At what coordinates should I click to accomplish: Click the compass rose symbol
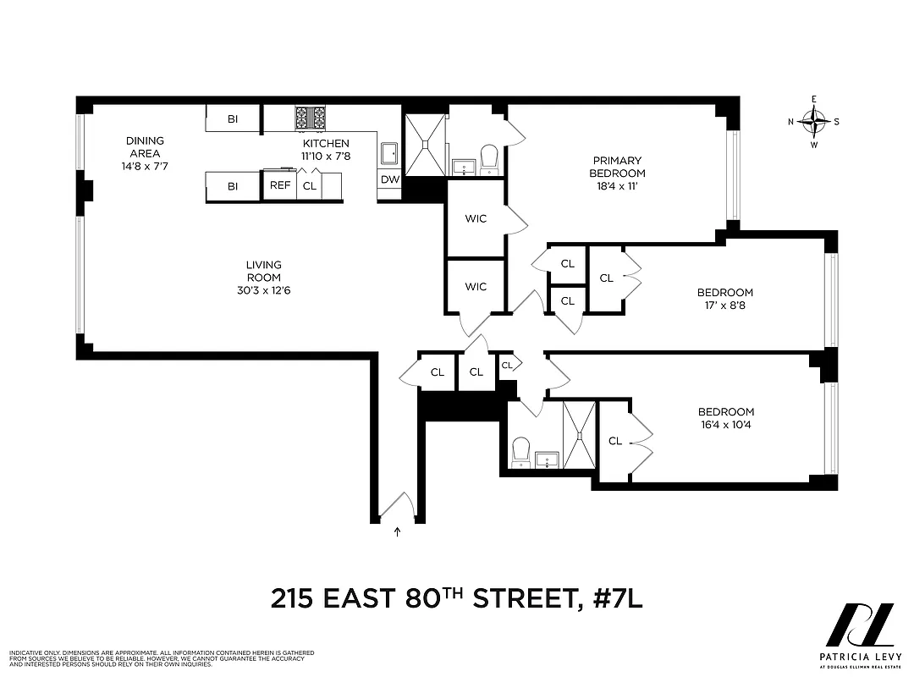tap(814, 122)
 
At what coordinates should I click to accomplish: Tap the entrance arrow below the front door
tap(398, 532)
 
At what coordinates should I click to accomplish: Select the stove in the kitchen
tap(310, 118)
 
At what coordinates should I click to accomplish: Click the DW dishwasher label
tap(389, 179)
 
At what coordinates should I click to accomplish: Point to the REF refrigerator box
tap(278, 185)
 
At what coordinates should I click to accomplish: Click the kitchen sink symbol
tap(390, 153)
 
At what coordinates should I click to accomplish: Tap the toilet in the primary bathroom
tap(489, 159)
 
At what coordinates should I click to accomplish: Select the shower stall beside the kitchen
tap(424, 144)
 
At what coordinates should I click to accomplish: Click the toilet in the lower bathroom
tap(520, 450)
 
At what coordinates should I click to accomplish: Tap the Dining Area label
tap(146, 147)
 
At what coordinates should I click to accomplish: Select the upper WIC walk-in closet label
tap(476, 219)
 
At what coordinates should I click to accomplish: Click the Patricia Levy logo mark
tap(859, 625)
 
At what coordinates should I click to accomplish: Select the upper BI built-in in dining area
tap(233, 119)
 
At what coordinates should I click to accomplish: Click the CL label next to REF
tap(310, 185)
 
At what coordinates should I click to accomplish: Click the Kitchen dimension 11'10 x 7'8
tap(326, 156)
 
